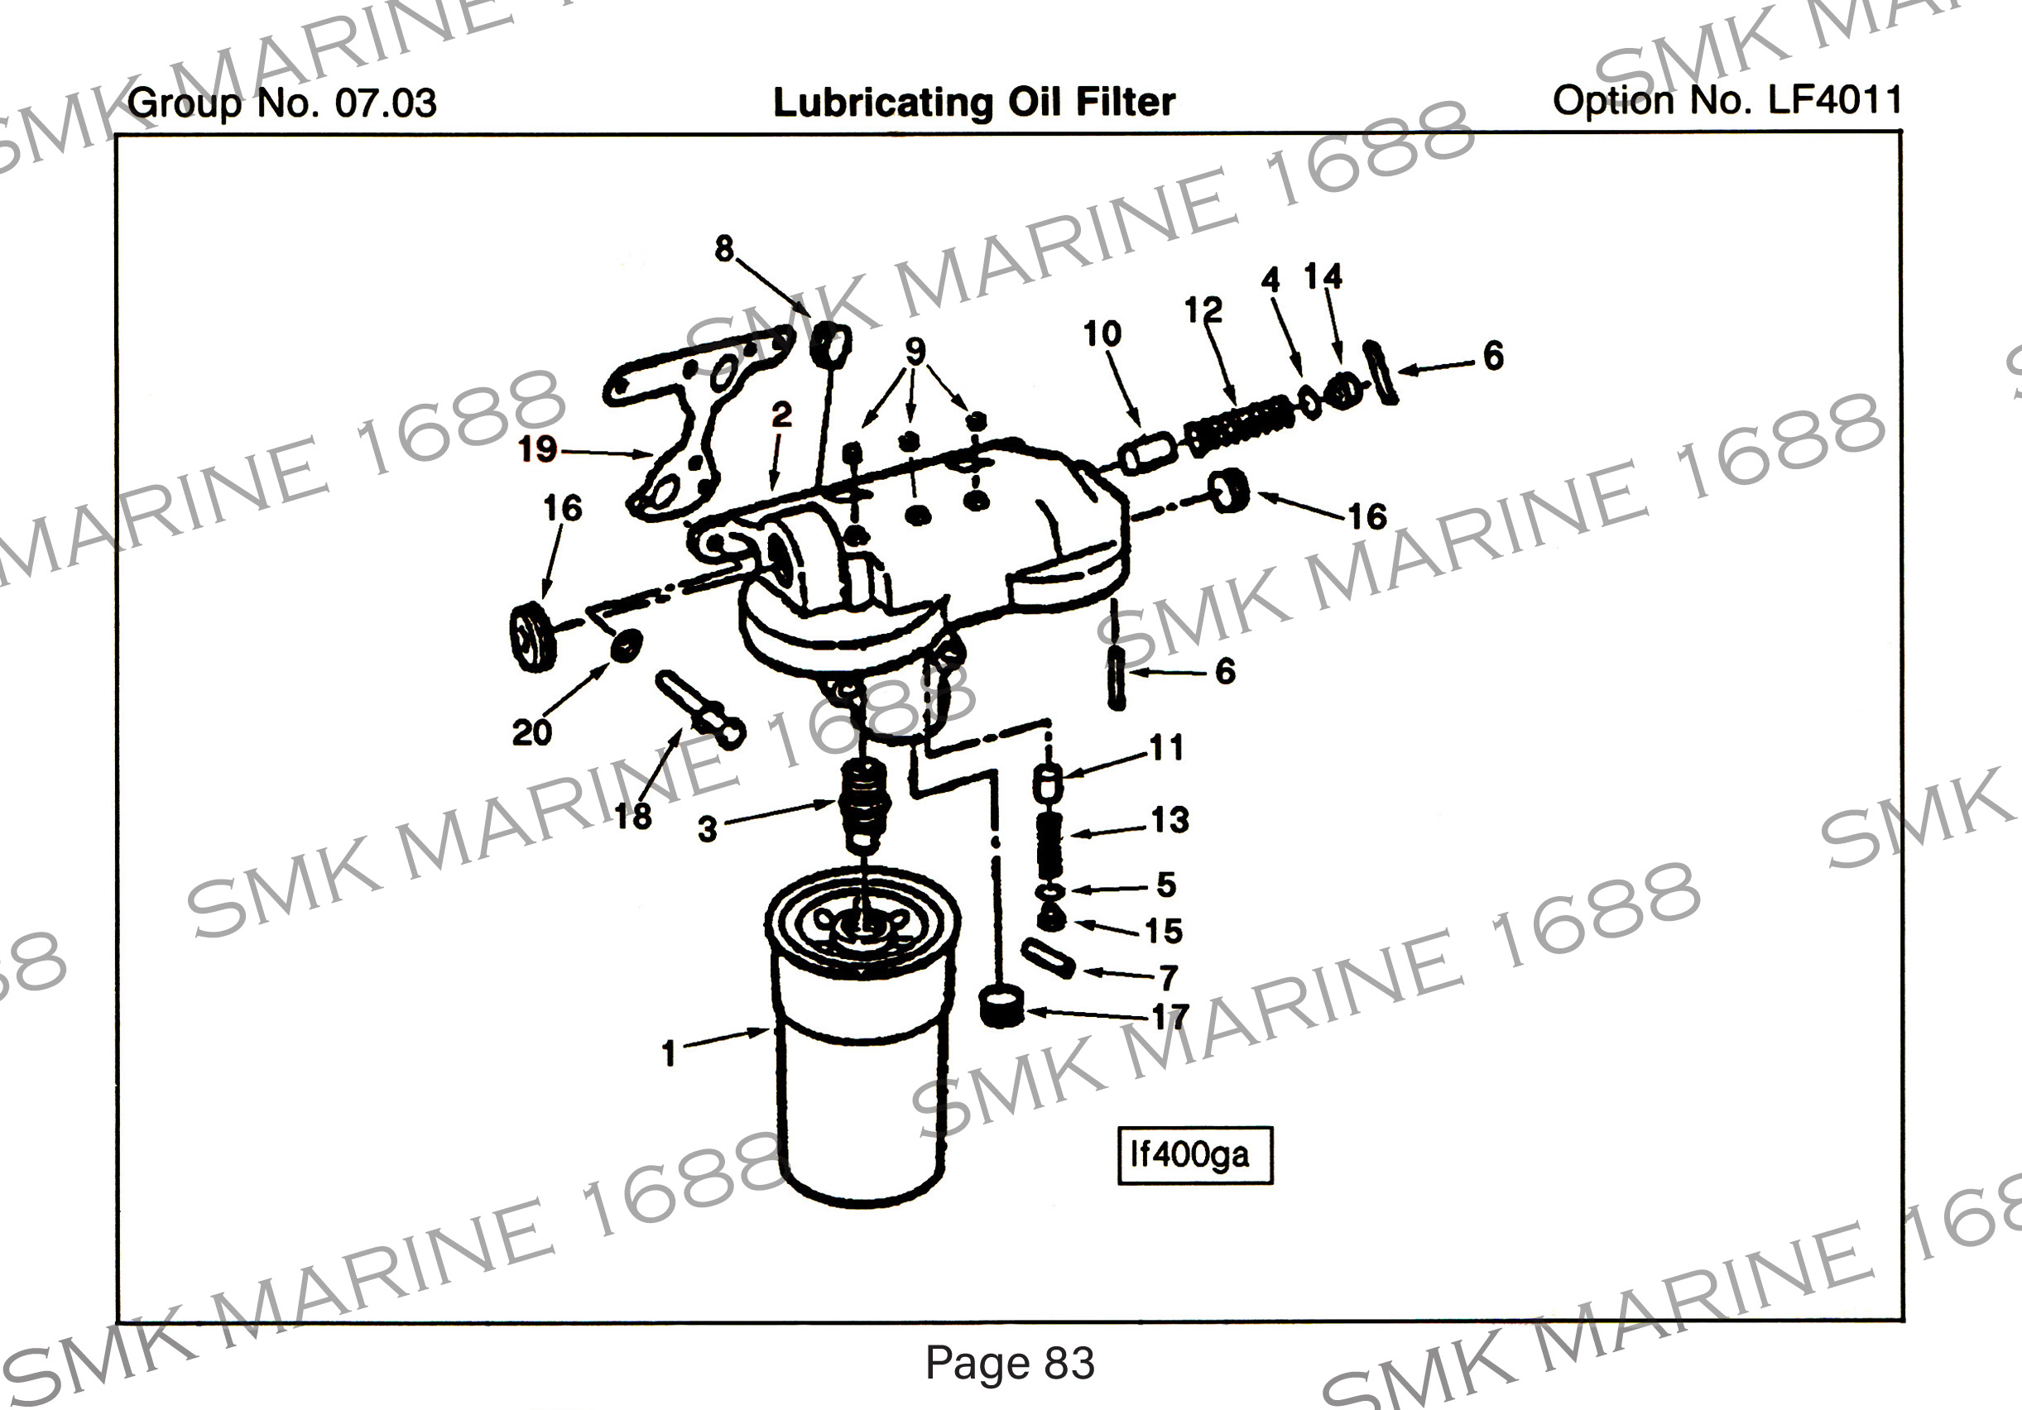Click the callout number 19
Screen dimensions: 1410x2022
[x=537, y=449]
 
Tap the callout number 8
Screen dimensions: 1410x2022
[x=724, y=248]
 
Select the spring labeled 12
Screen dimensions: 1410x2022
[x=1240, y=424]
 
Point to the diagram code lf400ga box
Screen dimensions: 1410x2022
[x=1194, y=1154]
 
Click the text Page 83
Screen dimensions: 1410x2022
[x=1009, y=1363]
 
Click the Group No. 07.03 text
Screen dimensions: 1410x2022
[x=281, y=103]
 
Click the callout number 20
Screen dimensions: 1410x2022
[x=531, y=731]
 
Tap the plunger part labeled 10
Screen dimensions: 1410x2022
[x=1147, y=453]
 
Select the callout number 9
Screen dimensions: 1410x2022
[x=915, y=351]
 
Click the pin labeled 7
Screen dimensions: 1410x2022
[x=1048, y=959]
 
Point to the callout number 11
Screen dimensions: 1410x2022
[x=1166, y=748]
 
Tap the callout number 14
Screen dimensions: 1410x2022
[x=1323, y=276]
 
